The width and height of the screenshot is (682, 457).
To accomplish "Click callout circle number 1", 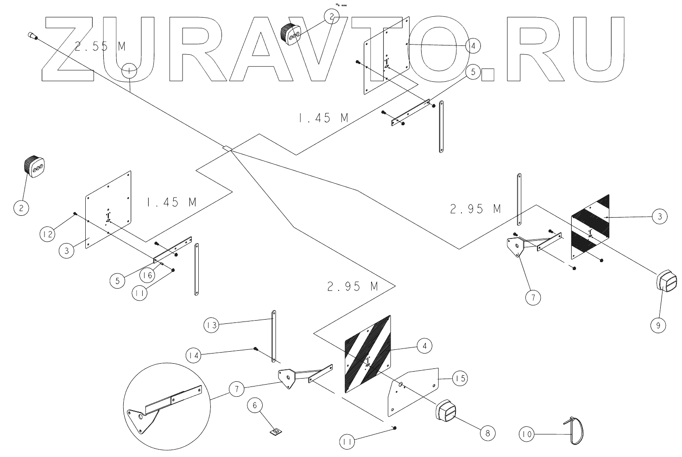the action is point(129,71).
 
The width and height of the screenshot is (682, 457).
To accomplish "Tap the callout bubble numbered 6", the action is point(255,406).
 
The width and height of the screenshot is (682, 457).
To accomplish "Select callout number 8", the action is point(487,433).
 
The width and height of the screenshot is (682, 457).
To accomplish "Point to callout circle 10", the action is point(527,435).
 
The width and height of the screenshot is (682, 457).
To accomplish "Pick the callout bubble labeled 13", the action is point(212,325).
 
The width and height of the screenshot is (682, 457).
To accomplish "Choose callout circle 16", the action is point(147,275).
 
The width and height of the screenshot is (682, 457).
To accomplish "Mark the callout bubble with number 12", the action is point(46,235).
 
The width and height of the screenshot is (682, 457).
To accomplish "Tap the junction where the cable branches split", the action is point(227,148).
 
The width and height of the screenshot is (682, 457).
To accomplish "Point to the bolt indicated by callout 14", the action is point(255,348).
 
